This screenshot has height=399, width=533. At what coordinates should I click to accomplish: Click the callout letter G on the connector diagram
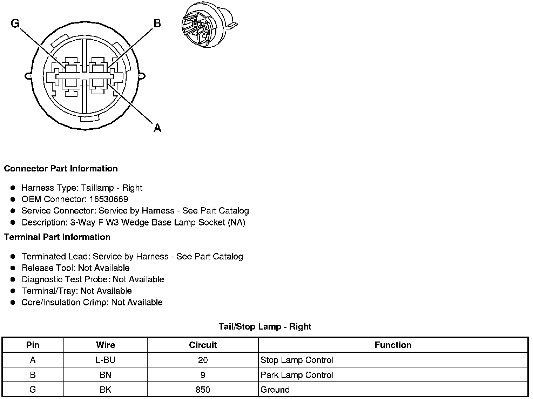coord(15,23)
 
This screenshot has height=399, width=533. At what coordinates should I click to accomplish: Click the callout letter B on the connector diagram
coord(157,23)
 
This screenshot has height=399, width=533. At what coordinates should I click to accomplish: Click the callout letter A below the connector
coord(157,128)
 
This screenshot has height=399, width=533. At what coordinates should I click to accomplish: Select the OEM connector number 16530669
coord(109,199)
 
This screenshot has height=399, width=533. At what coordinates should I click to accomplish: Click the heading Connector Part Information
coord(61,169)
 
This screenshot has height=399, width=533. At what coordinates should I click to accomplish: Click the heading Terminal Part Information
coord(57,237)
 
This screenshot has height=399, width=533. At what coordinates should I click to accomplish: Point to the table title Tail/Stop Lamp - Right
coord(265,327)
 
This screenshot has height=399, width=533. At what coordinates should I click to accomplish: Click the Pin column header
coord(33,345)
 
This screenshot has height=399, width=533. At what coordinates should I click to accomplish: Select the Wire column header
coord(105,345)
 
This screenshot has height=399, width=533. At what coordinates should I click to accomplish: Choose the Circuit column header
coord(203,345)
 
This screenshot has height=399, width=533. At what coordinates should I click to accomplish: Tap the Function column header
coord(393,345)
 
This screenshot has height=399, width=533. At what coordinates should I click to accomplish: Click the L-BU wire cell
coord(105,360)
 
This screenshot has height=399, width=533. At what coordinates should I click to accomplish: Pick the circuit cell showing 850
coord(203,390)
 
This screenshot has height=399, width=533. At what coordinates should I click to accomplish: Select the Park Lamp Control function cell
coord(297,375)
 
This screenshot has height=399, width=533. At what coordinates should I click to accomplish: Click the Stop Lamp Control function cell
coord(297,360)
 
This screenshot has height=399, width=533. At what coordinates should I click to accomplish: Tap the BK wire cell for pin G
coord(105,390)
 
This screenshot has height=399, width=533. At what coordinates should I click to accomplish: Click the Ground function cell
coord(275,390)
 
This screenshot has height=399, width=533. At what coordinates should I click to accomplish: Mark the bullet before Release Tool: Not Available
coord(13,268)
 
